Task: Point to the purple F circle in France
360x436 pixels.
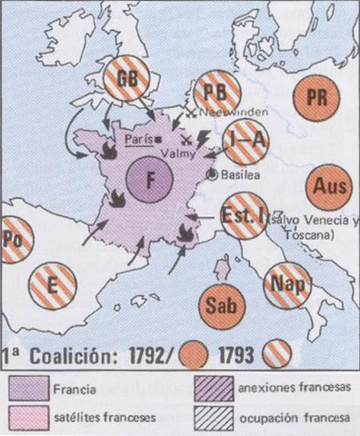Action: point(151,176)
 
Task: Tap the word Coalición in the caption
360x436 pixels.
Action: point(83,354)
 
